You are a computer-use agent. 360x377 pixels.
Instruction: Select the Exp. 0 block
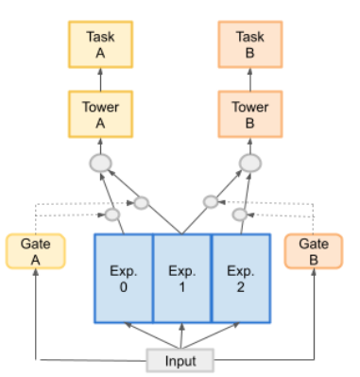124,278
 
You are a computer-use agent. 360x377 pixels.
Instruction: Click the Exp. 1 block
181,278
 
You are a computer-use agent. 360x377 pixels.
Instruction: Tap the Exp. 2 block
240,278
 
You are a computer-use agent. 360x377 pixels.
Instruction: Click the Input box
180,359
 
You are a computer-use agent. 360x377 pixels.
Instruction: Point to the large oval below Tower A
100,163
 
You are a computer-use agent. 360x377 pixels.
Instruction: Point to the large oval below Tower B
249,163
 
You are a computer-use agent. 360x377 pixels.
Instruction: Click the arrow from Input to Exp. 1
181,335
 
